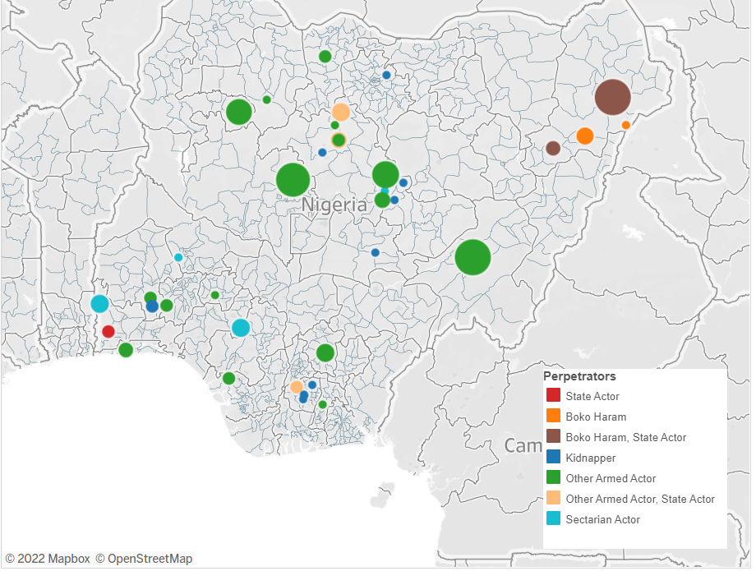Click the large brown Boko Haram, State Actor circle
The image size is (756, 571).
tap(612, 98)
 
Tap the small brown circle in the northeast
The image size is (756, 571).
tap(553, 148)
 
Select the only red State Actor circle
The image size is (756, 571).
tap(108, 332)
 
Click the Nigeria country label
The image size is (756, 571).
tap(334, 205)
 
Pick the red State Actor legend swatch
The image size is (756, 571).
tap(554, 397)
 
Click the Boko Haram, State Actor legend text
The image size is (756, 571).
tap(625, 437)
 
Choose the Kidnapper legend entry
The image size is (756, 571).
tap(590, 458)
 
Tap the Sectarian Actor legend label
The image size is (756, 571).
tap(602, 519)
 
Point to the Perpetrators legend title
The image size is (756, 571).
tap(579, 376)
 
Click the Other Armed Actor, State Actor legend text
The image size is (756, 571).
tap(640, 499)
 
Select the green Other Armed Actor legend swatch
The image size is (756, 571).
tap(554, 478)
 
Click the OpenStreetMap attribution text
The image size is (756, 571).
tap(144, 559)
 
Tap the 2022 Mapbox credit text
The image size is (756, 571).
tap(47, 559)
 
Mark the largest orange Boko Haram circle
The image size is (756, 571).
tap(585, 136)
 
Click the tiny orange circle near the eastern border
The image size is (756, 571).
tap(626, 125)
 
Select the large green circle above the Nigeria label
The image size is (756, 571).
tap(293, 179)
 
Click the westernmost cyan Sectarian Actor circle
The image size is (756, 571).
tap(99, 304)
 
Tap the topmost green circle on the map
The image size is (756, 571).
tap(325, 57)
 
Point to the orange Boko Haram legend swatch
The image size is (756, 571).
tap(554, 417)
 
